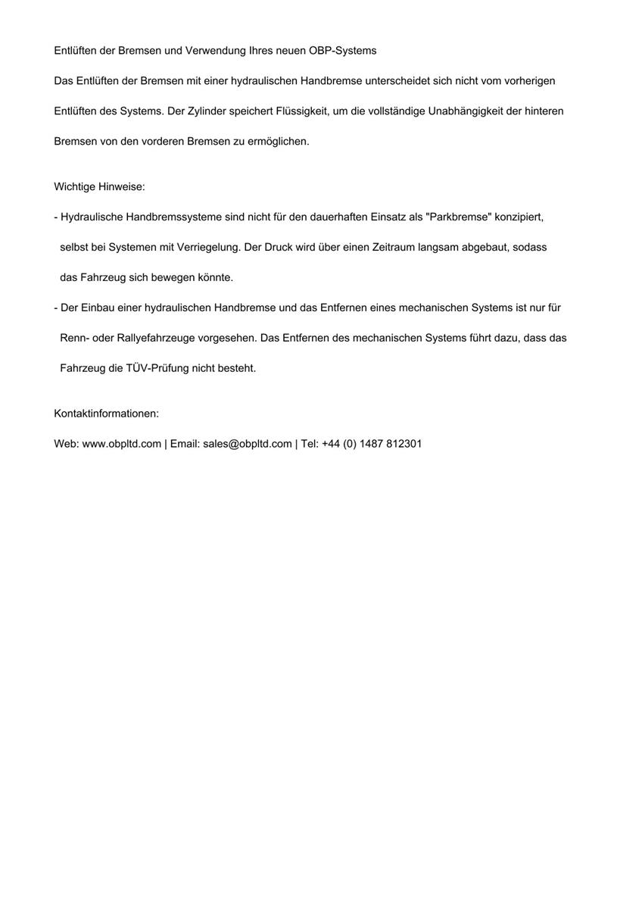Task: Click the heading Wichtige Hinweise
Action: pyautogui.click(x=99, y=187)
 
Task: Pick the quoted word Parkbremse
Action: pyautogui.click(x=459, y=217)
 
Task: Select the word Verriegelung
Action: pyautogui.click(x=208, y=248)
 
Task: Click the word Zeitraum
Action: pyautogui.click(x=385, y=248)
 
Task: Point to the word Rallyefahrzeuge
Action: pyautogui.click(x=156, y=339)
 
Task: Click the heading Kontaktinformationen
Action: pyautogui.click(x=106, y=414)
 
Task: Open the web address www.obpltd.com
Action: pyautogui.click(x=121, y=444)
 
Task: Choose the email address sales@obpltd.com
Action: pyautogui.click(x=248, y=444)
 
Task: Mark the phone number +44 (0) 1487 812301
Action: pyautogui.click(x=372, y=444)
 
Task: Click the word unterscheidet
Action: pyautogui.click(x=397, y=81)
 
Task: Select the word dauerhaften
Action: pyautogui.click(x=338, y=217)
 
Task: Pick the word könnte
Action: pyautogui.click(x=215, y=278)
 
